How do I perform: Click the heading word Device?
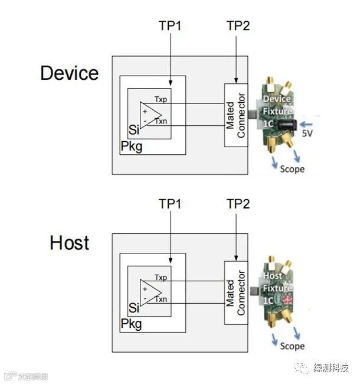(70, 73)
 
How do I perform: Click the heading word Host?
(70, 243)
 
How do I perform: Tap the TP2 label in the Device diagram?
(238, 26)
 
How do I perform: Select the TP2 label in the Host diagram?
(238, 204)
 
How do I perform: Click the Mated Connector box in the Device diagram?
(236, 116)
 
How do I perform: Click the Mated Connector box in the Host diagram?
(236, 292)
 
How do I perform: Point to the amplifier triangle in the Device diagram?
(150, 114)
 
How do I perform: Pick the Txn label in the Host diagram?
(161, 300)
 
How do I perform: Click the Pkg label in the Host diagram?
(132, 324)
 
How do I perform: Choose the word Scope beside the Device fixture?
(292, 169)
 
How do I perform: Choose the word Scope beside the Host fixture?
(292, 346)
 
